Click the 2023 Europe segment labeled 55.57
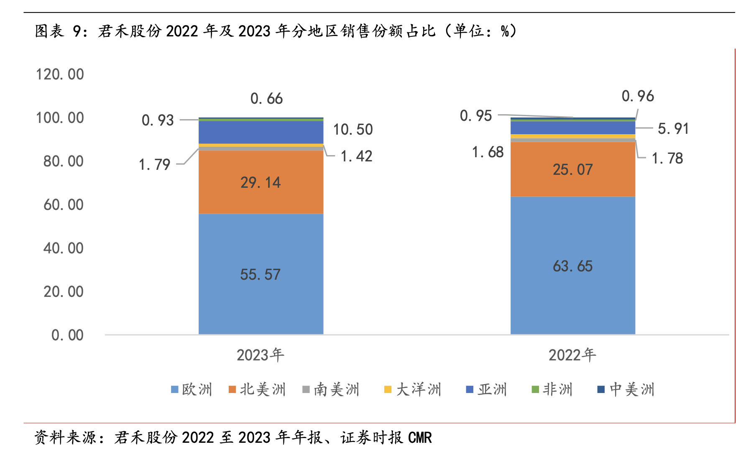tap(261, 274)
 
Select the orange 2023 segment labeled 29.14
tap(261, 182)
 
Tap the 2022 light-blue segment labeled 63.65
tap(572, 266)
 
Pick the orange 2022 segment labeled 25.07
tap(572, 169)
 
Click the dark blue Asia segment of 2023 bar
tap(261, 132)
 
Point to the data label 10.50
tap(352, 130)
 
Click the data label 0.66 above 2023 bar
tap(266, 99)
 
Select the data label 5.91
tap(673, 129)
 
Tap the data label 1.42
tap(356, 156)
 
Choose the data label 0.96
tap(638, 96)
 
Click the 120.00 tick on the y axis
tap(60, 74)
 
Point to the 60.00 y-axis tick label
tap(63, 205)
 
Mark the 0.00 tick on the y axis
tap(67, 335)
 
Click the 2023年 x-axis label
tap(260, 355)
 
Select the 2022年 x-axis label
tap(572, 355)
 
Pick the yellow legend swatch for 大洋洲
tap(388, 389)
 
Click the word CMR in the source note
tap(420, 438)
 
